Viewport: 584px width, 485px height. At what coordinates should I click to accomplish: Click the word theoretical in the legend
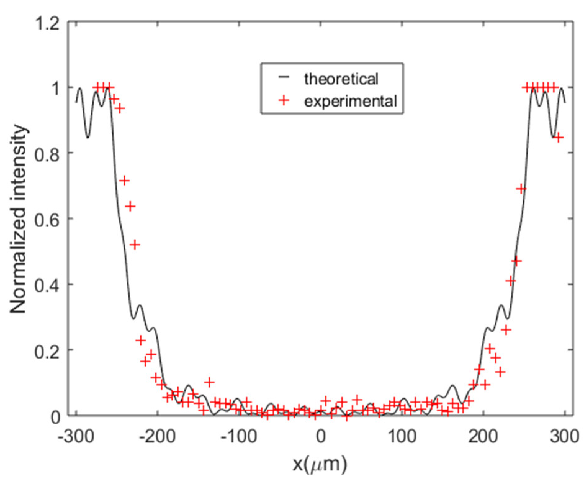(x=341, y=79)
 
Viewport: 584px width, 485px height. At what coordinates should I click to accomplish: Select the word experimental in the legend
(x=350, y=101)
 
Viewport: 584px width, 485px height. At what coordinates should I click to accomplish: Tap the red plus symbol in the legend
(x=284, y=101)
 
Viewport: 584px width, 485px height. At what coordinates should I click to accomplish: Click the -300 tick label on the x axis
(x=76, y=436)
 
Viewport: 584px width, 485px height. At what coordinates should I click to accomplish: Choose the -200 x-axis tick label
(x=157, y=436)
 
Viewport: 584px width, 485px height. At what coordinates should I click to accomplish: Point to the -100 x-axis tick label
(x=238, y=436)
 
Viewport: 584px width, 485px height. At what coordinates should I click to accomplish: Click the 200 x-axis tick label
(x=483, y=436)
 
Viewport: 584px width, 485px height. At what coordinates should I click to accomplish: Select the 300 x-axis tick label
(x=564, y=436)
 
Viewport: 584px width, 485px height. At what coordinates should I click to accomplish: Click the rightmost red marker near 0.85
(x=558, y=138)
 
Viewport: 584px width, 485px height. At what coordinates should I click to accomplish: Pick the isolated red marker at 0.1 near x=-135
(x=210, y=382)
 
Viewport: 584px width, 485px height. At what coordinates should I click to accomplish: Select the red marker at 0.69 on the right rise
(x=521, y=189)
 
